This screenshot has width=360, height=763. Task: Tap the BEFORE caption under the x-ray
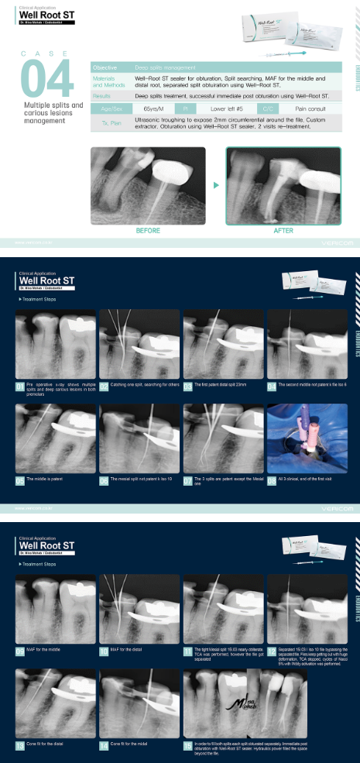(148, 230)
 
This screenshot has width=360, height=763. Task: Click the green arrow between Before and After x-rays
(216, 185)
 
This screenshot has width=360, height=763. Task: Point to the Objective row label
(106, 68)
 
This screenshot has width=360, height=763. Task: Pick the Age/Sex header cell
(109, 109)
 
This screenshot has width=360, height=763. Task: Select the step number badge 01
(19, 385)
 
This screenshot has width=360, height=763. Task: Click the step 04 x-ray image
(307, 345)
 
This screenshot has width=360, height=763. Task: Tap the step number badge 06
(104, 480)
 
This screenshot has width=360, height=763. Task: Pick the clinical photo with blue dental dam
(307, 438)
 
